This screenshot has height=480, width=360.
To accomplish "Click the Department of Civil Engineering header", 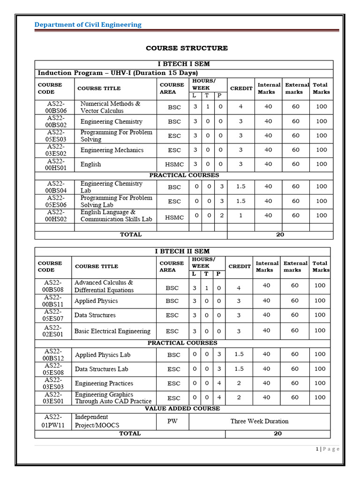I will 88,24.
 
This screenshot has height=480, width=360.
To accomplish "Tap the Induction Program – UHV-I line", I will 118,73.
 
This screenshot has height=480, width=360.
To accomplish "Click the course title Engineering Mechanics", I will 112,150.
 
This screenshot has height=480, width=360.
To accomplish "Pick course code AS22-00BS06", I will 55,107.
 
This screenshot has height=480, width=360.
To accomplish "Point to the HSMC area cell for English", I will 174,165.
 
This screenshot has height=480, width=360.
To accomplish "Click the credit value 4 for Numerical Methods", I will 240,106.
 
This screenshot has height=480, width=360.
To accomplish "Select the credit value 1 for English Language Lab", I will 240,216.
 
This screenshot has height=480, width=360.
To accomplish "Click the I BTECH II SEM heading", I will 182,251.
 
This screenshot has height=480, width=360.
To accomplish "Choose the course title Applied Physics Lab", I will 103,355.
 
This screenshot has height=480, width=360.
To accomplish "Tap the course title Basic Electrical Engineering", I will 112,331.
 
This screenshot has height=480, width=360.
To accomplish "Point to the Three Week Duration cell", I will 259,421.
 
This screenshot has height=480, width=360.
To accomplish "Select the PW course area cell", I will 172,421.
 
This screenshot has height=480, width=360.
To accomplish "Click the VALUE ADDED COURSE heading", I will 182,409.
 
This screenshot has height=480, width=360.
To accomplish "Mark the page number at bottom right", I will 327,449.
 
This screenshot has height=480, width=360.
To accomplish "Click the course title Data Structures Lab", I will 101,369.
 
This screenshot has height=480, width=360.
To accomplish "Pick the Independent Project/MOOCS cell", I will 97,421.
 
